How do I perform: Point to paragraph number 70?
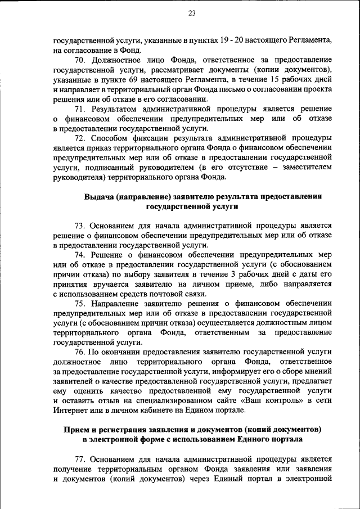[79, 59]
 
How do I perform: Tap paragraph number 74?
[79, 255]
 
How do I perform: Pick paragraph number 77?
[79, 459]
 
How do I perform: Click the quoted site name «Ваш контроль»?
[244, 400]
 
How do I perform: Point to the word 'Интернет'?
[69, 410]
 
